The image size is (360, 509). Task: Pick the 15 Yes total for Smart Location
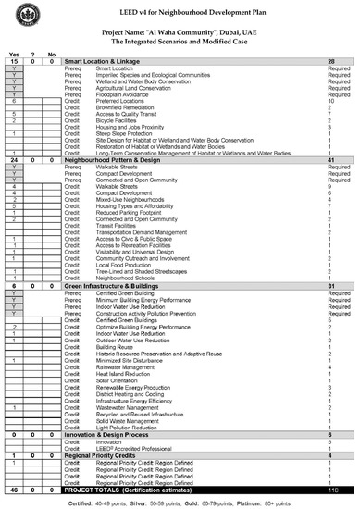[x=13, y=59]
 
